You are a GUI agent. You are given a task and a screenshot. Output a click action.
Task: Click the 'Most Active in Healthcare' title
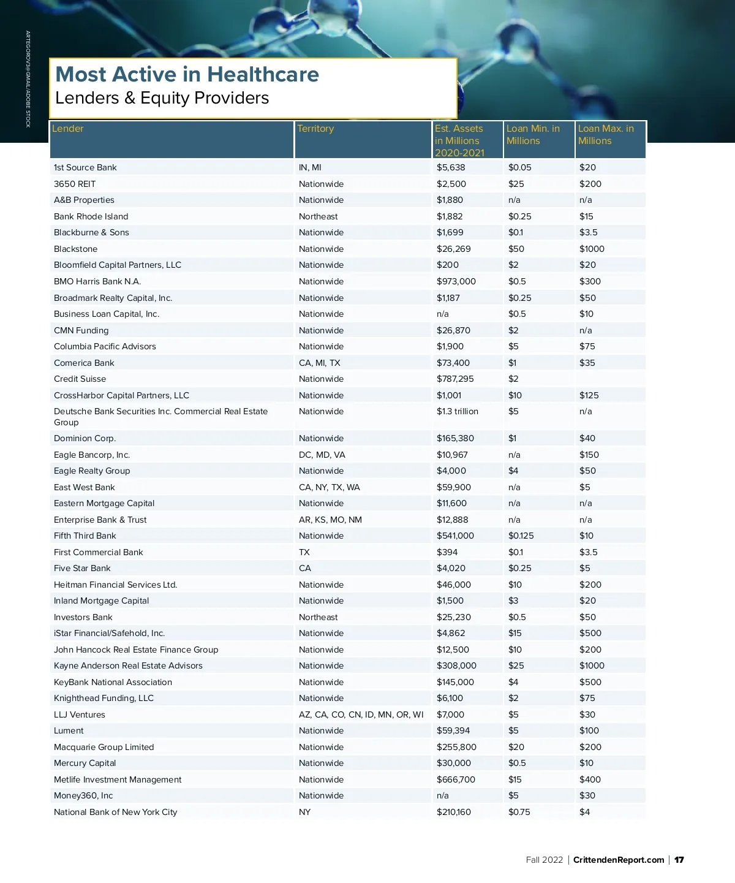tap(187, 75)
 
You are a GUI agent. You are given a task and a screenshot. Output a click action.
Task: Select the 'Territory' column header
tap(315, 129)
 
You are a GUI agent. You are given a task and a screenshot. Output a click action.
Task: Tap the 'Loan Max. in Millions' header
tap(606, 135)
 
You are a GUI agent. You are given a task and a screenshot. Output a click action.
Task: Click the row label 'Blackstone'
tap(75, 249)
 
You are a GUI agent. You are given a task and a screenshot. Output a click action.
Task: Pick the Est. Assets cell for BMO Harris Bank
tap(456, 281)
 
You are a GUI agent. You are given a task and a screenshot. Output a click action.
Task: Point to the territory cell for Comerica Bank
tap(319, 363)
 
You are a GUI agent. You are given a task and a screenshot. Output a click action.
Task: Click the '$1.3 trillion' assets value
tap(457, 411)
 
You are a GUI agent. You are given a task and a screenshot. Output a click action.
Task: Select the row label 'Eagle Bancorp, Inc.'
tap(92, 455)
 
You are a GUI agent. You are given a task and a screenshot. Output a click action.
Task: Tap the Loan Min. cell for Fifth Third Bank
tap(521, 536)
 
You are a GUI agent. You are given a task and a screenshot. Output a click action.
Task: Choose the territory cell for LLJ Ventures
tap(361, 714)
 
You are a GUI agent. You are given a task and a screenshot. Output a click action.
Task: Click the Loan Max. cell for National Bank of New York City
tap(584, 812)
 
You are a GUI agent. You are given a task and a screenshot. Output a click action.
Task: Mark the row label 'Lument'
tap(69, 730)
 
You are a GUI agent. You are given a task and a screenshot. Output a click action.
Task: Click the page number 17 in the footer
tap(679, 860)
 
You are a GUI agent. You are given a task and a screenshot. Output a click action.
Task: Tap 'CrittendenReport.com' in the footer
tap(619, 860)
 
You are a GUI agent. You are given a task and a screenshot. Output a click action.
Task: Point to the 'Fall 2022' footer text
tap(544, 860)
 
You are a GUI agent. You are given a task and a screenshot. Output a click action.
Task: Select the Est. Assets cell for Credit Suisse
tap(455, 379)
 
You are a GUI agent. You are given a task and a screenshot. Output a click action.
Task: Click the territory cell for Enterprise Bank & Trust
tap(330, 520)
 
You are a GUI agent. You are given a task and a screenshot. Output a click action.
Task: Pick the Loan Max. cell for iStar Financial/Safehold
tap(590, 633)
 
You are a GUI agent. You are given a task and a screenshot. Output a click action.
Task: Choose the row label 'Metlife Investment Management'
tap(118, 779)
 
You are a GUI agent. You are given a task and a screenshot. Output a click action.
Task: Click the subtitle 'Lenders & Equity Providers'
tap(162, 98)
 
